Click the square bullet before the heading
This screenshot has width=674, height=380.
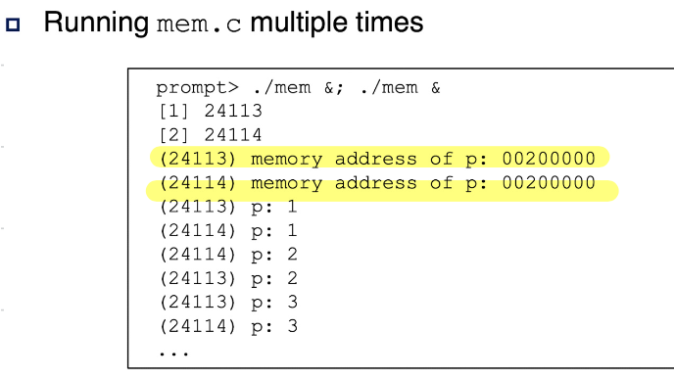13,24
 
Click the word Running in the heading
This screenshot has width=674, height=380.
96,24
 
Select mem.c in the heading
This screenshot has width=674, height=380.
199,24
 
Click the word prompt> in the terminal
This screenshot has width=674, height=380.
197,88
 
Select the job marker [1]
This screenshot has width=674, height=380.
173,112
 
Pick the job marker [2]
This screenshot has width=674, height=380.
173,135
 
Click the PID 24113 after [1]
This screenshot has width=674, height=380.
233,112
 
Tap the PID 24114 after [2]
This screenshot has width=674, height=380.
233,135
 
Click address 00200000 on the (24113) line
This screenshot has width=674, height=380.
549,159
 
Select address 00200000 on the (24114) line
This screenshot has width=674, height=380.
549,183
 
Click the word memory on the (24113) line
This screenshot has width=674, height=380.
286,160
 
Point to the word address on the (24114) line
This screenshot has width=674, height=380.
375,183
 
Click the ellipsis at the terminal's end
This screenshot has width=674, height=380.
173,354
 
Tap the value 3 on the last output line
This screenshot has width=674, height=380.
292,326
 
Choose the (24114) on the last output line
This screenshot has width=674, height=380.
198,326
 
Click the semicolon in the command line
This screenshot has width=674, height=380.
340,89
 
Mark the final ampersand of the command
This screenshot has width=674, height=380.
435,88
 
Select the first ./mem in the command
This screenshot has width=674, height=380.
282,88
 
